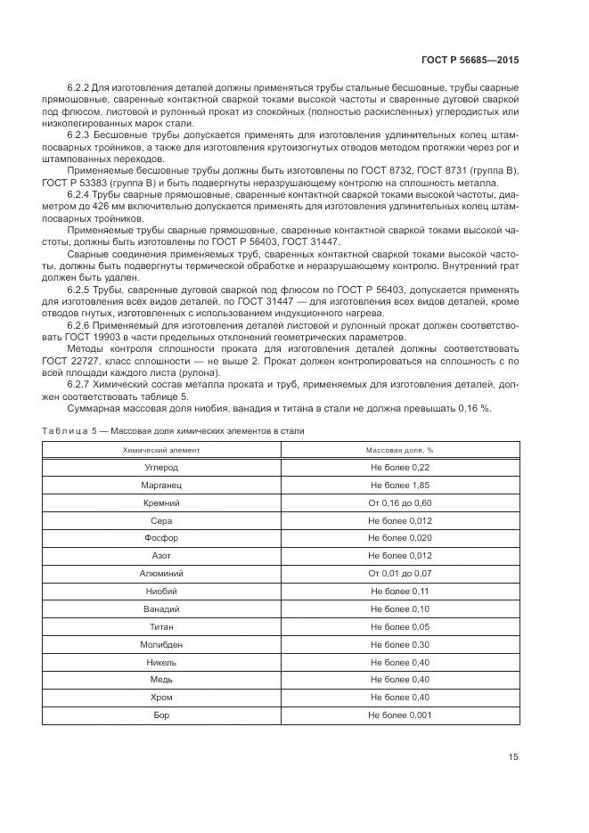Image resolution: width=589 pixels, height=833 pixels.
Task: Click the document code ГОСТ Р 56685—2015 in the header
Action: tap(469, 60)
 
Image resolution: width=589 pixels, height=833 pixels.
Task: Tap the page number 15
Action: tap(512, 757)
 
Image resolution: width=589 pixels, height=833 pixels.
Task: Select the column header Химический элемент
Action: tap(161, 451)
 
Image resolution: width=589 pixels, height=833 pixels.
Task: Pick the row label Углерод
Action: tap(161, 468)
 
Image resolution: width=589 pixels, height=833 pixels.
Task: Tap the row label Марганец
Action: tap(161, 486)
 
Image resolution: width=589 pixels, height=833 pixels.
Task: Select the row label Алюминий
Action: tap(161, 574)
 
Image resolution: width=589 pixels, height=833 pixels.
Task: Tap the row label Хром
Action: tap(161, 697)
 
